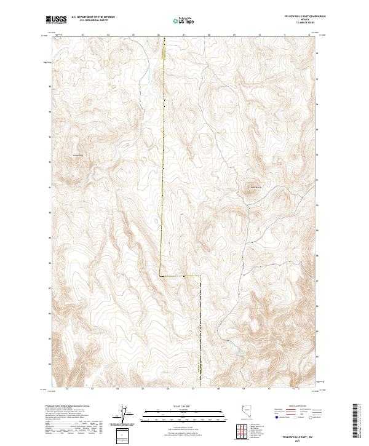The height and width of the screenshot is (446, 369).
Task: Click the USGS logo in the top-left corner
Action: point(57,20)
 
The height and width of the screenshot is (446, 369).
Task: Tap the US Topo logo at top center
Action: point(183,21)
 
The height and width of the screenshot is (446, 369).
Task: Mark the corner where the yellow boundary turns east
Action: point(161,276)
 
